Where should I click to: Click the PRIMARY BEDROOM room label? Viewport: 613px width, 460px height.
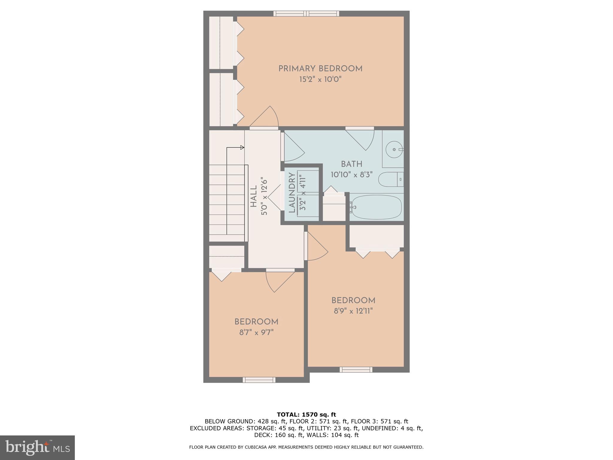point(320,69)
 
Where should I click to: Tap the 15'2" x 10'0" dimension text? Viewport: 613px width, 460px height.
point(320,80)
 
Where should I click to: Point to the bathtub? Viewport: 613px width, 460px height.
point(377,207)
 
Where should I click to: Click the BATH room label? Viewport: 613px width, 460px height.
point(352,164)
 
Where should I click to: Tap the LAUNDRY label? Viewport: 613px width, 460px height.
point(292,193)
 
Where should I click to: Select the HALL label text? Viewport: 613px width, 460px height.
point(254,196)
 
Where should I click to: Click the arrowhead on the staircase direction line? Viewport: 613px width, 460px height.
point(242,147)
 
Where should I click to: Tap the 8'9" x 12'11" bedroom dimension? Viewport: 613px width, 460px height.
point(353,311)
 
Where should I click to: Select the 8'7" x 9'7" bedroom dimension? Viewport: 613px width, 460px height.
point(257,332)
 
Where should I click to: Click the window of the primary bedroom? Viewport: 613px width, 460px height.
point(307,13)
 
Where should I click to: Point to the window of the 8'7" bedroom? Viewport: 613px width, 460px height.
point(259,380)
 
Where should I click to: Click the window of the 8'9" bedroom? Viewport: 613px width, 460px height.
point(356,370)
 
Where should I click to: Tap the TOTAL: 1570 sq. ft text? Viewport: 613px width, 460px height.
point(306,415)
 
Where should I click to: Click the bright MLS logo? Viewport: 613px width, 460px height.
point(37,448)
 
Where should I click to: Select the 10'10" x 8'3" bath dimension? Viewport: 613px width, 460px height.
point(352,175)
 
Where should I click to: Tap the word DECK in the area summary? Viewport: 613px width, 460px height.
point(263,435)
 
